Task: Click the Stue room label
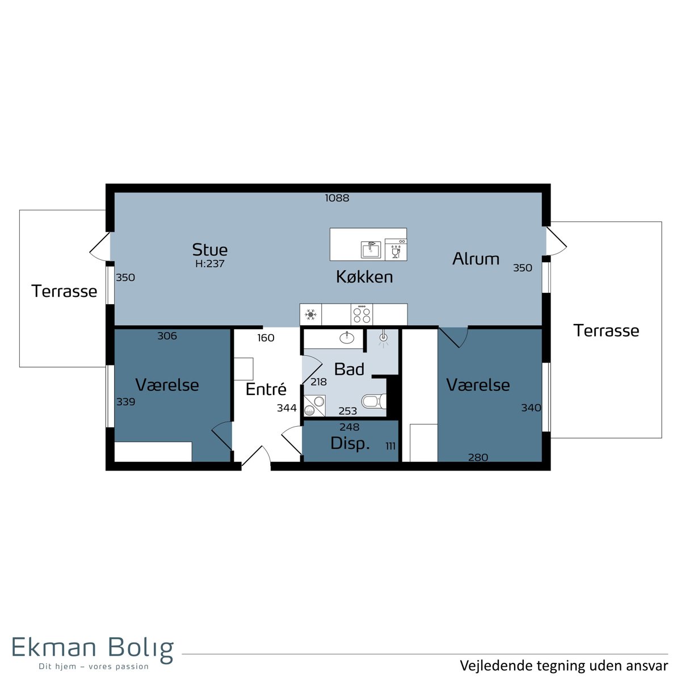click(x=209, y=250)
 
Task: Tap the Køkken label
click(x=364, y=277)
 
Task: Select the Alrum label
click(x=476, y=259)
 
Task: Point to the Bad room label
click(x=349, y=369)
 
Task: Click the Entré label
click(x=266, y=389)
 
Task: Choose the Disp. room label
click(x=350, y=444)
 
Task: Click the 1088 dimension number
click(x=337, y=198)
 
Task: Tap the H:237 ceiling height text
click(x=210, y=264)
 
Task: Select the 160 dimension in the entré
click(x=266, y=338)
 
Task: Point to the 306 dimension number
click(x=167, y=336)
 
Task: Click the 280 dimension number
click(x=478, y=457)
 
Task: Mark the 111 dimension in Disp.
click(x=390, y=446)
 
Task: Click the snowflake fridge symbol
click(x=310, y=314)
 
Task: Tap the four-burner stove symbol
click(x=361, y=314)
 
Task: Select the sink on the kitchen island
click(x=371, y=250)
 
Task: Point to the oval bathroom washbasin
click(x=347, y=338)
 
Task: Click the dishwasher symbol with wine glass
click(x=396, y=250)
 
